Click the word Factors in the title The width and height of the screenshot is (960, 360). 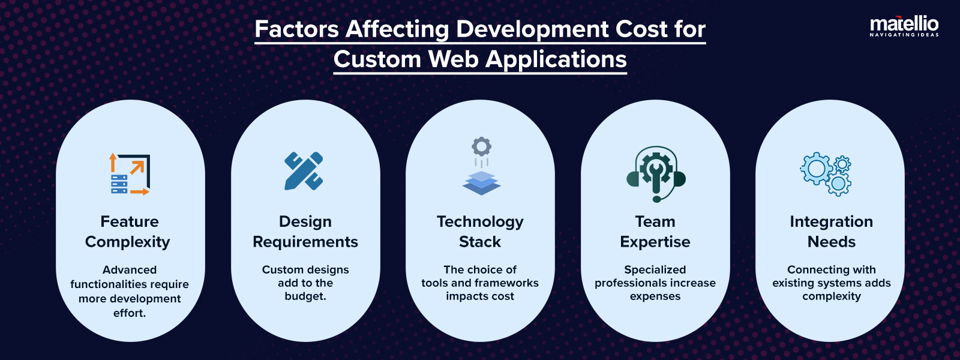[x=297, y=29]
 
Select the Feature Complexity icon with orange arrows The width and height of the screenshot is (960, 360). [x=130, y=174]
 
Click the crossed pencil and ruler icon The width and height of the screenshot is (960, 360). [x=304, y=171]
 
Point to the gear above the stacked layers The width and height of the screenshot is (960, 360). [x=481, y=146]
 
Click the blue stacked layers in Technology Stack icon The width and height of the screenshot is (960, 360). [x=481, y=182]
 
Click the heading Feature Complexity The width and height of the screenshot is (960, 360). [x=128, y=232]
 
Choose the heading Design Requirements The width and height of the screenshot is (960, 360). [x=305, y=232]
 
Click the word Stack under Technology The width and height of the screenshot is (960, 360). [x=480, y=242]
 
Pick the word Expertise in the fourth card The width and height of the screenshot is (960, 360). [x=655, y=242]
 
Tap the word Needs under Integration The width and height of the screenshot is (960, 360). [x=831, y=242]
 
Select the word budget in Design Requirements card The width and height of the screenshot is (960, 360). [x=304, y=296]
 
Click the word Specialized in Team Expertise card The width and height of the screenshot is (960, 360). [x=655, y=269]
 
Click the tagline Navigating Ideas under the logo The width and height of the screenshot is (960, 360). [x=904, y=35]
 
